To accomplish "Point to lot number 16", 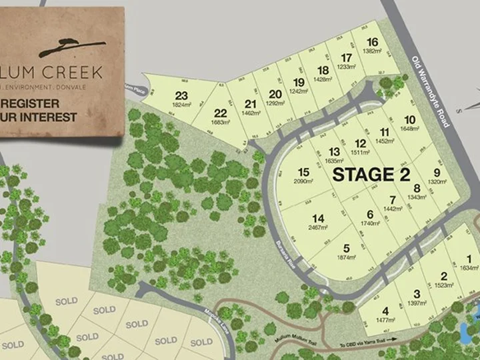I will (372, 42).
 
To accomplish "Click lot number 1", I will (469, 259).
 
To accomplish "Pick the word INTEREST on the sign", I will (51, 117).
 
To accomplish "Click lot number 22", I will (221, 113).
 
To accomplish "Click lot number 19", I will (298, 83).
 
